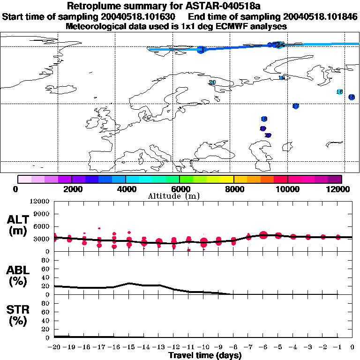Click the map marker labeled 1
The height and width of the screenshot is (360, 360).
click(x=202, y=49)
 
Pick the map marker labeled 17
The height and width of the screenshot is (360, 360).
click(x=295, y=106)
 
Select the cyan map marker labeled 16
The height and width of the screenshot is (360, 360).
click(x=339, y=92)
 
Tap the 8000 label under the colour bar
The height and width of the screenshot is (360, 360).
click(x=233, y=189)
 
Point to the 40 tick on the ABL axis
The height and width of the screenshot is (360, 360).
click(x=46, y=277)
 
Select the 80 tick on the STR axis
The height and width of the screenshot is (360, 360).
click(x=46, y=303)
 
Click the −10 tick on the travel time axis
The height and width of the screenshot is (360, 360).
click(x=203, y=347)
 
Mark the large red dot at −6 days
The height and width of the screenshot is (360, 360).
click(x=263, y=235)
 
